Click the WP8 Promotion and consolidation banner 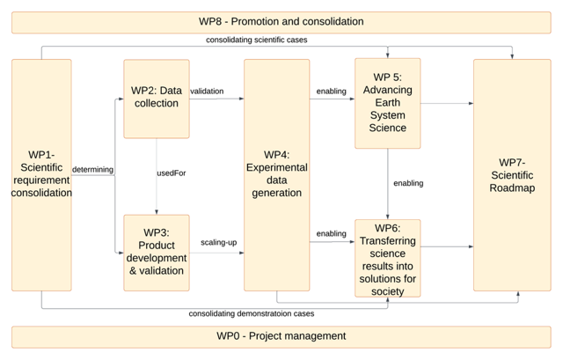point(281,21)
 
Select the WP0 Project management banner point(281,336)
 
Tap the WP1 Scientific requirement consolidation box point(41,174)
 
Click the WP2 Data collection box point(157,98)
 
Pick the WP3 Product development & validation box point(157,252)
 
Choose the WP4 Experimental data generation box point(276,174)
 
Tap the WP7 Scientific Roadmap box point(512,174)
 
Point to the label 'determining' point(92,170)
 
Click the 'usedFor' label point(171,173)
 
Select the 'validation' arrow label point(207,92)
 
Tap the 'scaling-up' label point(218,242)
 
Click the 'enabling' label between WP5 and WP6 point(408,183)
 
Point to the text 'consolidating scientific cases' point(256,40)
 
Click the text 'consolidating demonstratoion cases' point(252,313)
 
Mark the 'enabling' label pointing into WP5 point(332,92)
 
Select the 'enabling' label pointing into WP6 point(332,234)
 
